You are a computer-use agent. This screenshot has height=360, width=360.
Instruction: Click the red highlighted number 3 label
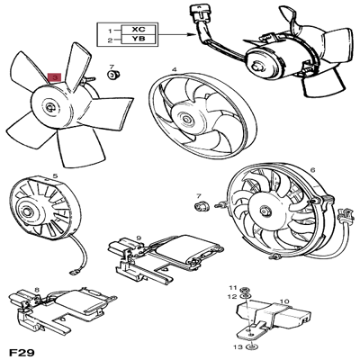click(55, 78)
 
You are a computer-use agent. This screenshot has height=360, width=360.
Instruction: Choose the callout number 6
click(312, 170)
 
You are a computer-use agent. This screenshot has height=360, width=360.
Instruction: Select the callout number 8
click(36, 290)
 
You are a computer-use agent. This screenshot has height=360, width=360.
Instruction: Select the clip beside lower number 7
click(202, 207)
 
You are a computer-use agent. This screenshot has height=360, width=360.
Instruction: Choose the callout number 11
click(232, 285)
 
